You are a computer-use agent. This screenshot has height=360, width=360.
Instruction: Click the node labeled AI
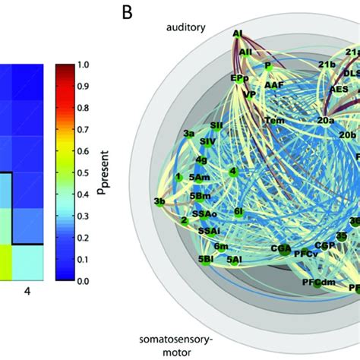tap(239, 35)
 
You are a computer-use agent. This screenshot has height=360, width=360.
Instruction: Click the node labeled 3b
tap(159, 201)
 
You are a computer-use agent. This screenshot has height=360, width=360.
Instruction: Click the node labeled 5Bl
tap(205, 259)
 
